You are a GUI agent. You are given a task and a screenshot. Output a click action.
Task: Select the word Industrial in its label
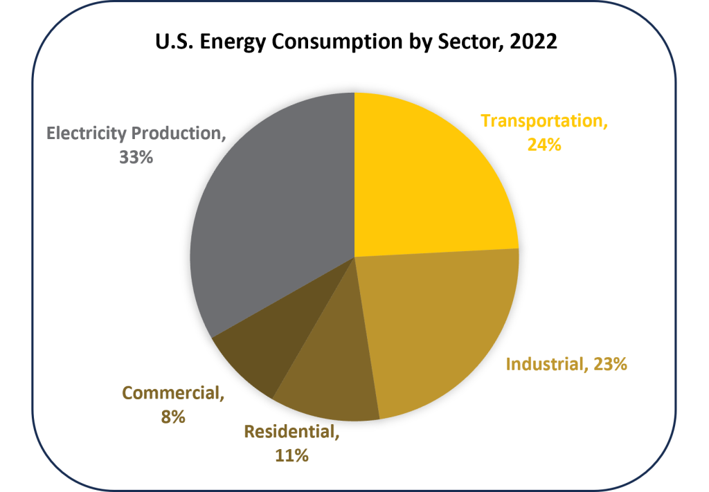[544, 364]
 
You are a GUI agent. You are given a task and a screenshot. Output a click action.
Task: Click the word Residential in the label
[289, 432]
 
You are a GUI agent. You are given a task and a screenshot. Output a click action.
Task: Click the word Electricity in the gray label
[86, 133]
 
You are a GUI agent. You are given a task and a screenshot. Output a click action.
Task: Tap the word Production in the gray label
[179, 133]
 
